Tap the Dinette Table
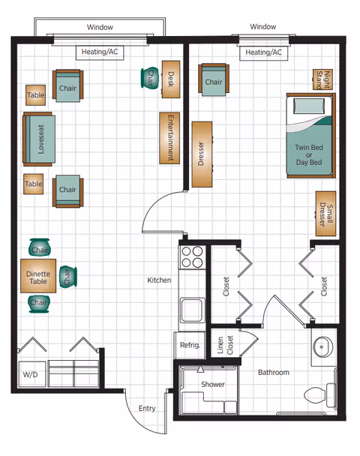click(37, 276)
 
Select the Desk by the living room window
click(170, 79)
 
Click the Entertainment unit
click(170, 138)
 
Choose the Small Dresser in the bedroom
click(325, 213)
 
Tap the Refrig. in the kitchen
click(190, 345)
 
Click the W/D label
click(29, 373)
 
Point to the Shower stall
click(212, 385)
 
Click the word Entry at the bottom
click(147, 409)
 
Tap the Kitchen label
click(159, 280)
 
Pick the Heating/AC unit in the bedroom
click(263, 52)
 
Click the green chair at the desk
click(149, 77)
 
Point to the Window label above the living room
click(100, 27)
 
